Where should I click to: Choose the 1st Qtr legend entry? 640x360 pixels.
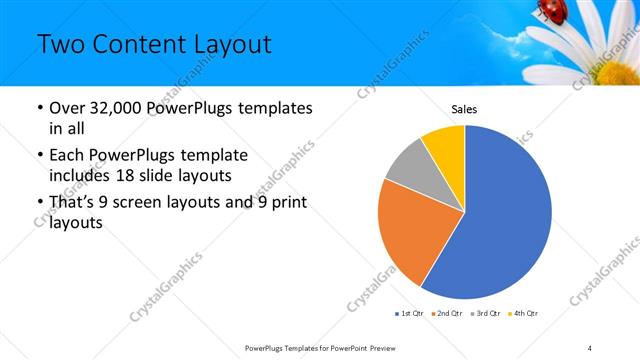pyautogui.click(x=410, y=313)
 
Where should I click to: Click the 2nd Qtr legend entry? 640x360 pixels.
pyautogui.click(x=448, y=313)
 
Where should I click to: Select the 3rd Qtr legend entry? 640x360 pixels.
pyautogui.click(x=486, y=313)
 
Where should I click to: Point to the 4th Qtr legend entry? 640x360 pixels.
pyautogui.click(x=523, y=313)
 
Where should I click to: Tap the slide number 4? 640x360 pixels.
pyautogui.click(x=590, y=347)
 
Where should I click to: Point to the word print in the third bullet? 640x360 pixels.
pyautogui.click(x=286, y=204)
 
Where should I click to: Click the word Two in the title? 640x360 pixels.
pyautogui.click(x=61, y=45)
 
